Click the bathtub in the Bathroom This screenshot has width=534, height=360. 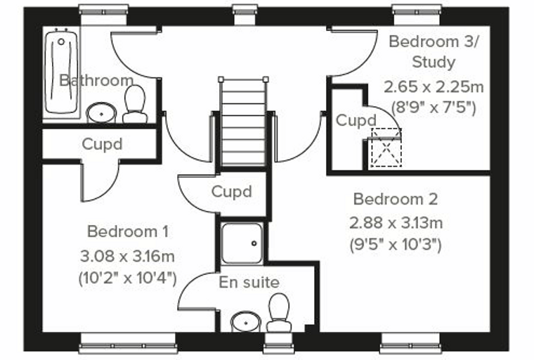pyautogui.click(x=61, y=72)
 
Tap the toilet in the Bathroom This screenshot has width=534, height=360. pyautogui.click(x=135, y=104)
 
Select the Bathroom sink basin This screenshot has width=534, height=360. pyautogui.click(x=101, y=112)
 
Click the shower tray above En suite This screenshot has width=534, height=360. pyautogui.click(x=242, y=243)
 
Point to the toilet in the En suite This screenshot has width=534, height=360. pyautogui.click(x=278, y=313)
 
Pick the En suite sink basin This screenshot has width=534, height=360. pyautogui.click(x=246, y=321)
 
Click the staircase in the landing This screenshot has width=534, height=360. pyautogui.click(x=243, y=122)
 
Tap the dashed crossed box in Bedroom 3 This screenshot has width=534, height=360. pyautogui.click(x=386, y=147)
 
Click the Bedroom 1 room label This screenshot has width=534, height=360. pyautogui.click(x=128, y=232)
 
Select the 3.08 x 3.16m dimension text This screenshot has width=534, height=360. pyautogui.click(x=127, y=256)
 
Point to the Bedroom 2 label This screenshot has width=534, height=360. pyautogui.click(x=396, y=199)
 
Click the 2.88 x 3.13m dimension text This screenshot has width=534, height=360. pyautogui.click(x=396, y=223)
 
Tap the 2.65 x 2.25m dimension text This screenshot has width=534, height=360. pyautogui.click(x=434, y=86)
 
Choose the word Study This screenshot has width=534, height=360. pyautogui.click(x=434, y=63)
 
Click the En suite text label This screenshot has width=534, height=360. pyautogui.click(x=249, y=282)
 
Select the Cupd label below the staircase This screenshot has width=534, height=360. pyautogui.click(x=232, y=191)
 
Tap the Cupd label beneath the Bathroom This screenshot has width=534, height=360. pyautogui.click(x=102, y=144)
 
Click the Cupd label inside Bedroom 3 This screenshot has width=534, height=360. pyautogui.click(x=356, y=120)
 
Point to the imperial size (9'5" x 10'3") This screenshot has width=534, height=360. pyautogui.click(x=396, y=245)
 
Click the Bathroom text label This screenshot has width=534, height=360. pyautogui.click(x=96, y=80)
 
